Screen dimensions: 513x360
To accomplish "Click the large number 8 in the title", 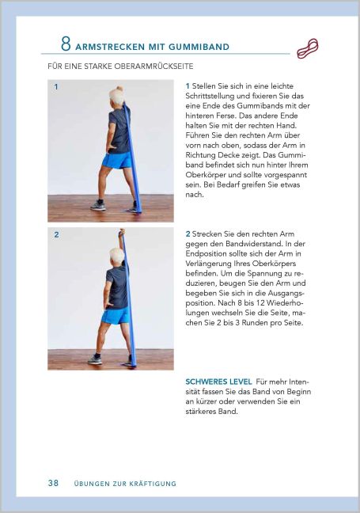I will (66, 44).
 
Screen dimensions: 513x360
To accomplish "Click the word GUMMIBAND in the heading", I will (199, 47).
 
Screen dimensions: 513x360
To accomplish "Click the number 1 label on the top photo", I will (56, 86).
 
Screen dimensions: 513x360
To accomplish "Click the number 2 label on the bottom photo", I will (56, 235).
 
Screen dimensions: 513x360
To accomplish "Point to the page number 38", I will (53, 483).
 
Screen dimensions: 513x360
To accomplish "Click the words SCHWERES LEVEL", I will (218, 381).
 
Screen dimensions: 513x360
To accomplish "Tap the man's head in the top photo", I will (117, 97).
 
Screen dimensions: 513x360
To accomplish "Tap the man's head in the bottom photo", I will (117, 256).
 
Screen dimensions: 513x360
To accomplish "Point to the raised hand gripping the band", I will (122, 232).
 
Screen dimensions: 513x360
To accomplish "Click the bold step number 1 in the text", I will (188, 85).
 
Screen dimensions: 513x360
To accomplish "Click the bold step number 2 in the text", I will (188, 234).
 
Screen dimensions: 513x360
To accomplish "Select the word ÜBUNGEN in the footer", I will (89, 484).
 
